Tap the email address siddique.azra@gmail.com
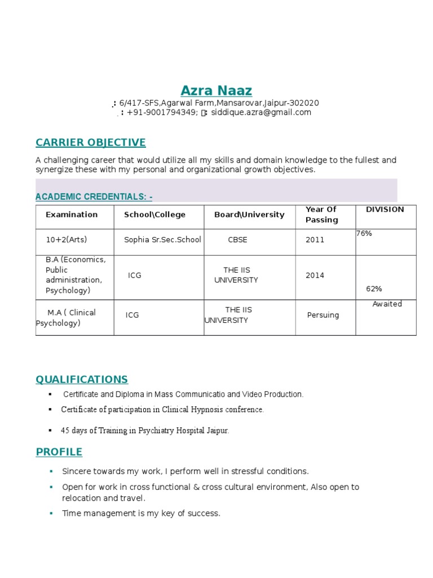pyautogui.click(x=261, y=112)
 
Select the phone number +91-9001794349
pyautogui.click(x=161, y=112)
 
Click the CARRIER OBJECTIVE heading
pyautogui.click(x=90, y=142)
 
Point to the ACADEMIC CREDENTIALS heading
pyautogui.click(x=94, y=196)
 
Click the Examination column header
pyautogui.click(x=72, y=214)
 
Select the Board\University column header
pyautogui.click(x=249, y=214)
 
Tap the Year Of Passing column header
pyautogui.click(x=321, y=214)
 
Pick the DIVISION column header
pyautogui.click(x=385, y=209)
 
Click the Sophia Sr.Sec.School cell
pyautogui.click(x=162, y=239)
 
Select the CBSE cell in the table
pyautogui.click(x=237, y=239)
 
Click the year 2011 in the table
pyautogui.click(x=315, y=239)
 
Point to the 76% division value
pyautogui.click(x=364, y=233)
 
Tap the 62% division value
pyautogui.click(x=374, y=288)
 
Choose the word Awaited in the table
pyautogui.click(x=387, y=304)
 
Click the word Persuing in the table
pyautogui.click(x=323, y=315)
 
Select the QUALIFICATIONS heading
pyautogui.click(x=82, y=379)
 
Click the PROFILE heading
pyautogui.click(x=59, y=452)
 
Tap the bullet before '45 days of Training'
pyautogui.click(x=50, y=430)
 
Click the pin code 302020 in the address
pyautogui.click(x=304, y=103)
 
